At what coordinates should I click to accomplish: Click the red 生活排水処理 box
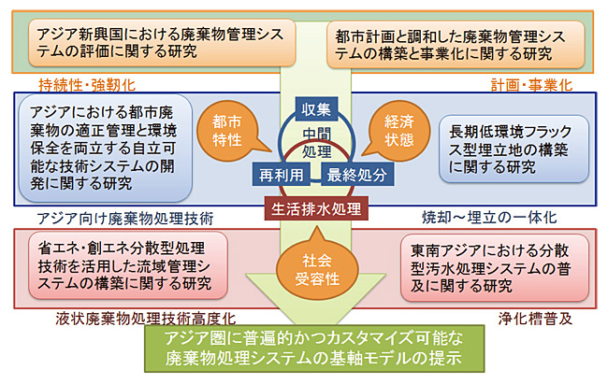pos(315,206)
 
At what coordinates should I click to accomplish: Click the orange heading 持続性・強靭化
pos(80,84)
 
